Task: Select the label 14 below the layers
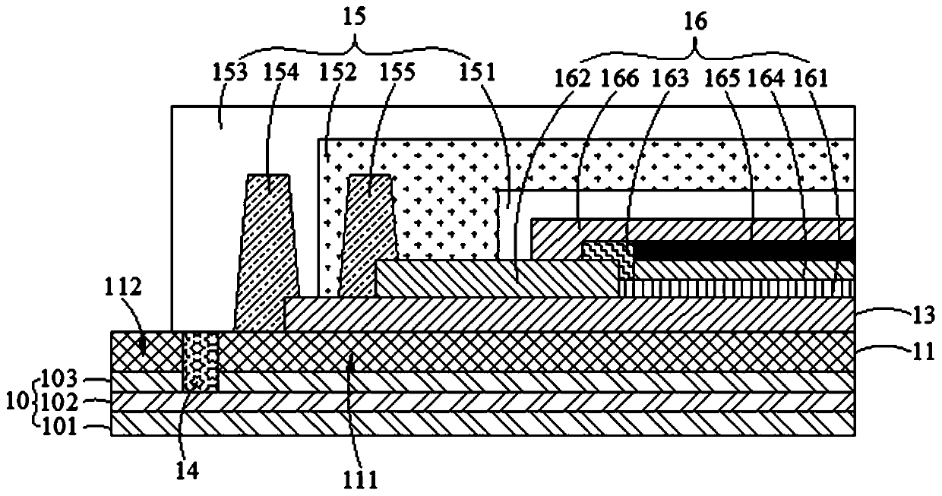[187, 472]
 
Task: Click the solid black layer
[741, 250]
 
